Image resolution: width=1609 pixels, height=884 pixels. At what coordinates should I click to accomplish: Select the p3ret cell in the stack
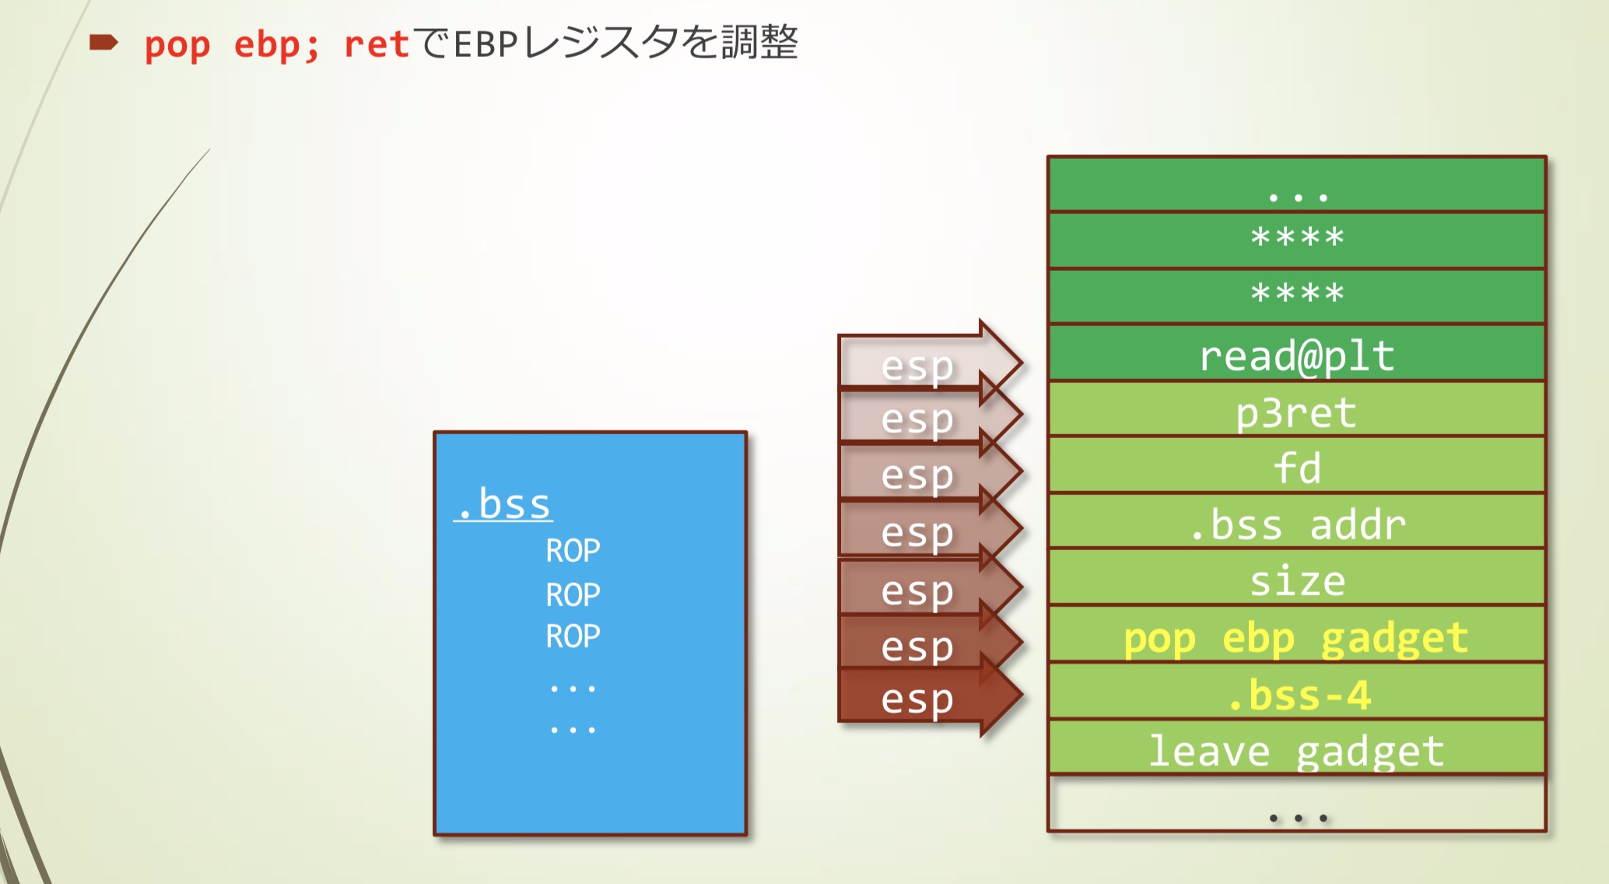(1296, 412)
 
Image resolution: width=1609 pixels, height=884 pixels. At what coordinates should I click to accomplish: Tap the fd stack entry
(1296, 468)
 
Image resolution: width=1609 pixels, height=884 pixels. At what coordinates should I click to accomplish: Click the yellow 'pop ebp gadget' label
(1295, 638)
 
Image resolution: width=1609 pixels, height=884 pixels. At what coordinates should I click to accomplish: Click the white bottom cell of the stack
(1296, 805)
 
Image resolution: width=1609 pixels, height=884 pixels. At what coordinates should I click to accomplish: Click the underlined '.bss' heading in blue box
(504, 503)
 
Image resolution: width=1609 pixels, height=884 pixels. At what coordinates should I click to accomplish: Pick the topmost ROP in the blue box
(573, 550)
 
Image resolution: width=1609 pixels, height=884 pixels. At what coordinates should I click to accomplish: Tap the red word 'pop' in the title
(177, 44)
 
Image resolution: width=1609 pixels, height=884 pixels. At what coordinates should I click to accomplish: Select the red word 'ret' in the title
(376, 44)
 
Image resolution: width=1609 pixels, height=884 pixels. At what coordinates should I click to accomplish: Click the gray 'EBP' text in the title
(486, 44)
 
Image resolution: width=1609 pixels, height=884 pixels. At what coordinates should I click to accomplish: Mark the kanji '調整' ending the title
(759, 42)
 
